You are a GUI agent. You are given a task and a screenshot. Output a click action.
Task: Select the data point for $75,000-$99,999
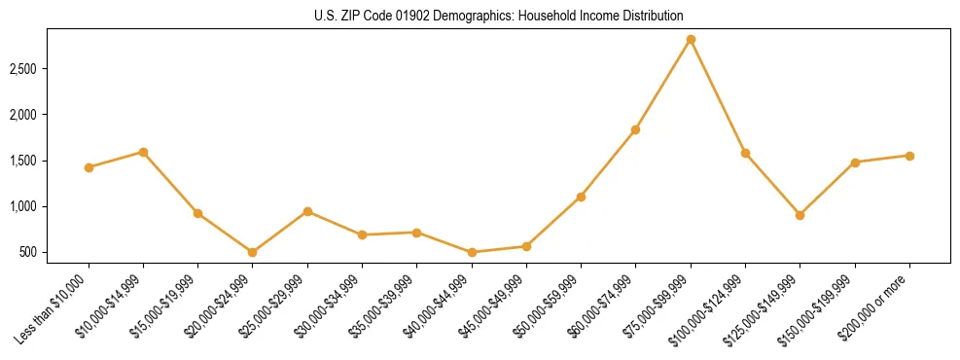point(691,40)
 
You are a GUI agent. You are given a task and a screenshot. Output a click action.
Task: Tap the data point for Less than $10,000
point(89,167)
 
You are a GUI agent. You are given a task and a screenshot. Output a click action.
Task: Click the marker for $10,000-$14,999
point(143,152)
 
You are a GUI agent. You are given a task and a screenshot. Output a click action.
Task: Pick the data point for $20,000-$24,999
point(253,252)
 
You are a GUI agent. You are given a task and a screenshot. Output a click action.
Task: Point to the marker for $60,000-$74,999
point(635,129)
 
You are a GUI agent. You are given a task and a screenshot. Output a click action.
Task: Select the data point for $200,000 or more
point(909,156)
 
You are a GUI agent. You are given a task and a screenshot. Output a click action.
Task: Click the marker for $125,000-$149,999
point(800,215)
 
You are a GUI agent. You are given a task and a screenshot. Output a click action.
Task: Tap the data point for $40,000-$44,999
point(472,252)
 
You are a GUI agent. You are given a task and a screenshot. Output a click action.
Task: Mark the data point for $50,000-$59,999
point(581,197)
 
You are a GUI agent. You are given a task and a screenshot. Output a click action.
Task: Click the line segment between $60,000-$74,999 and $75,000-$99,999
point(662,85)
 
